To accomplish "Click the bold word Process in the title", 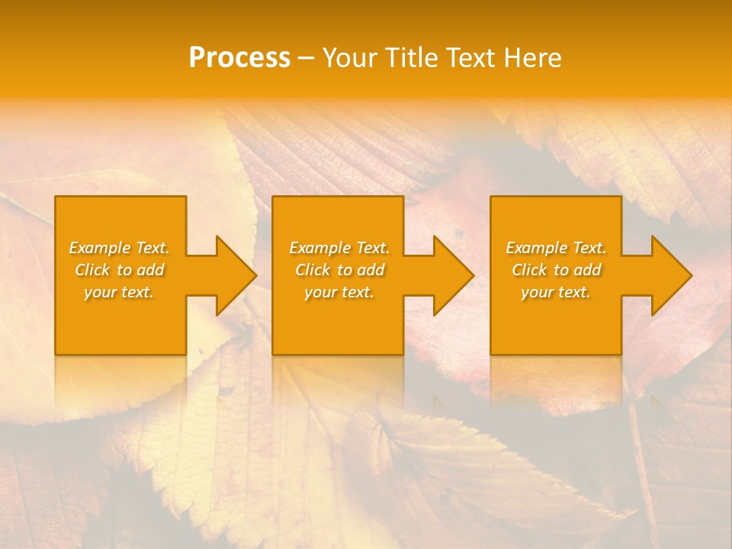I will click(239, 58).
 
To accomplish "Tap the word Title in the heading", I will click(411, 58).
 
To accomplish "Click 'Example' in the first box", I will click(99, 248).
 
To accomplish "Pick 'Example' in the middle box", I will click(319, 248).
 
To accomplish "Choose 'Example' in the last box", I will click(536, 248).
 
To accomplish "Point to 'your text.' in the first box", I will click(119, 292).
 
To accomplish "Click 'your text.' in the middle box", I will click(339, 292).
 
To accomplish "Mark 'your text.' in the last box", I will click(556, 292).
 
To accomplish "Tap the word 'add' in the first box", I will click(150, 270).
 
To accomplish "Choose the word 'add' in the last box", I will click(587, 270).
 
